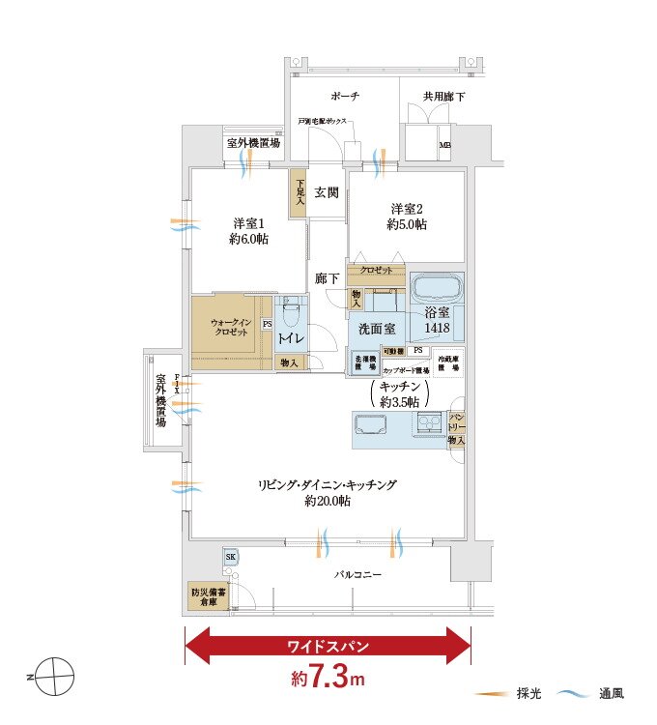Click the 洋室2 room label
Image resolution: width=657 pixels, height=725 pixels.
tap(408, 217)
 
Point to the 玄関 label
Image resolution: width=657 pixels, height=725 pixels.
tap(326, 192)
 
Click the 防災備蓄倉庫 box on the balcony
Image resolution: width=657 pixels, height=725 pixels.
tap(208, 595)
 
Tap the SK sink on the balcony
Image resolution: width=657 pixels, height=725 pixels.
tap(231, 558)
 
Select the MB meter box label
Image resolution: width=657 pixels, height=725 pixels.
tap(444, 147)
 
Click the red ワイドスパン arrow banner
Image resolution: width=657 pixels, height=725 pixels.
tap(327, 645)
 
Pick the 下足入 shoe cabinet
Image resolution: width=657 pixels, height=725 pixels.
tap(300, 193)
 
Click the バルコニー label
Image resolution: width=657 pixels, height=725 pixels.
tap(357, 575)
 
